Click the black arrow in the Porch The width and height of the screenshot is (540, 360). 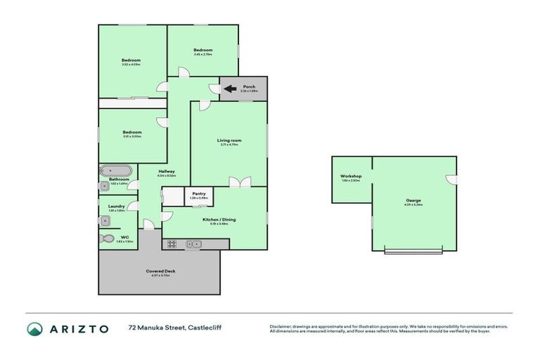(229, 89)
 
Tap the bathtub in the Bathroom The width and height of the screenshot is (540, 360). (116, 171)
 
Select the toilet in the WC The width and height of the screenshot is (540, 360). (108, 238)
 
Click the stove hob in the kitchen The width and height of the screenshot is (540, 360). (171, 244)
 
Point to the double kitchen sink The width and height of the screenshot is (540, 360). (193, 244)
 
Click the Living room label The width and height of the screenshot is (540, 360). (229, 141)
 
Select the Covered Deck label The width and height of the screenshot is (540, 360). (160, 271)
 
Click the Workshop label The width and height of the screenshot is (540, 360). (351, 176)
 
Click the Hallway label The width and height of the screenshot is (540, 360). (167, 171)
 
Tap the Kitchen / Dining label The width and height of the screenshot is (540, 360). (219, 219)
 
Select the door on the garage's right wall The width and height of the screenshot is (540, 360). (453, 179)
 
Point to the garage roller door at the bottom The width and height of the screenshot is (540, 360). (413, 251)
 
